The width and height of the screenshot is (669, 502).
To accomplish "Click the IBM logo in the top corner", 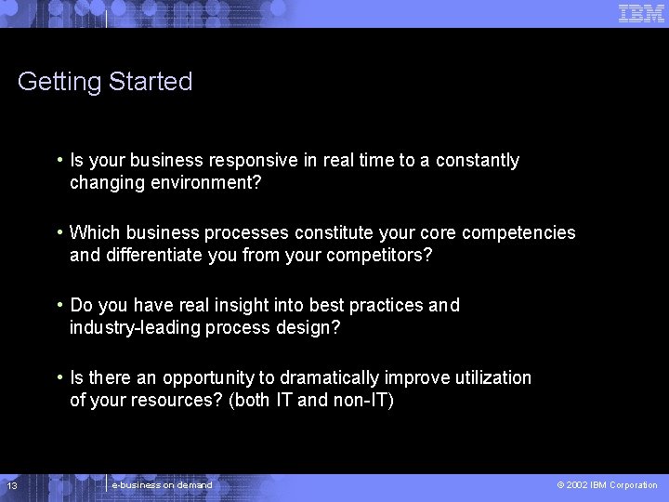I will click(642, 13).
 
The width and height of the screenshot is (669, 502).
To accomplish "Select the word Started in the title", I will click(151, 82).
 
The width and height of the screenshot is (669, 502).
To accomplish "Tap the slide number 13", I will click(12, 486).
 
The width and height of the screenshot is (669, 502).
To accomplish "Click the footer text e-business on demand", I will click(162, 485).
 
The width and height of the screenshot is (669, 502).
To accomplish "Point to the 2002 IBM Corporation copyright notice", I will click(607, 485).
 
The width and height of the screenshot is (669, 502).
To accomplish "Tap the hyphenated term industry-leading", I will click(127, 328).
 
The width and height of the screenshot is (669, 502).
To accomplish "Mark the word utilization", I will click(493, 378).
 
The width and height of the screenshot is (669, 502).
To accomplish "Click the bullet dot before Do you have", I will click(59, 304).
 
